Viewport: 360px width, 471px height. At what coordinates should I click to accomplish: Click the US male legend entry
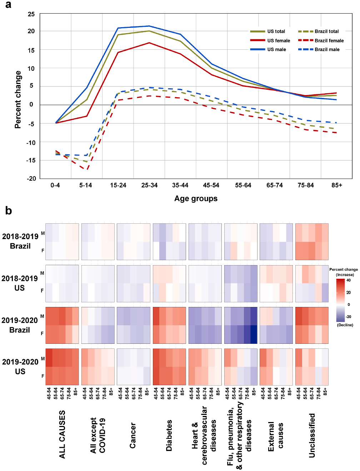click(x=276, y=50)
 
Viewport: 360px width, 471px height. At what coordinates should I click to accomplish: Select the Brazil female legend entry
click(x=329, y=41)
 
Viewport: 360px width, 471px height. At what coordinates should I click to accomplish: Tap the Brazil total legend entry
click(x=326, y=31)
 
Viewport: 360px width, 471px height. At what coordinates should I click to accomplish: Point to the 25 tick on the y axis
click(x=31, y=14)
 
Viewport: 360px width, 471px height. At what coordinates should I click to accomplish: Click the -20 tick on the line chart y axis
click(x=31, y=178)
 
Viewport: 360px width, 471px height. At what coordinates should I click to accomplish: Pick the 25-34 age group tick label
click(x=149, y=185)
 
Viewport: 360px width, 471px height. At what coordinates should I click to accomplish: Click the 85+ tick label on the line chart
click(x=337, y=185)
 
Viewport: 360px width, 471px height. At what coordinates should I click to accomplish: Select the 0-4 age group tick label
click(x=55, y=185)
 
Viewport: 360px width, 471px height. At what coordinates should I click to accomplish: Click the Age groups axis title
click(x=196, y=199)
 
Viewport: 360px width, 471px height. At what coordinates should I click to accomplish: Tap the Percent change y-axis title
click(x=18, y=99)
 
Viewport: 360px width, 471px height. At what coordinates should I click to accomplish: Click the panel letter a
click(x=8, y=5)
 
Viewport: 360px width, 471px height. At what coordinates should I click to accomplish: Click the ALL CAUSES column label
click(x=62, y=434)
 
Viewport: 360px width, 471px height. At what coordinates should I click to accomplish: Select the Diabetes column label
click(x=169, y=435)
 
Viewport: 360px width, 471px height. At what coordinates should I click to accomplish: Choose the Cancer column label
click(x=133, y=435)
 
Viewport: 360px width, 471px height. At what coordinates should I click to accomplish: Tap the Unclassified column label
click(x=312, y=435)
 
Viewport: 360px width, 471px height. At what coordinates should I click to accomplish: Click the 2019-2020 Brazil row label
click(x=20, y=325)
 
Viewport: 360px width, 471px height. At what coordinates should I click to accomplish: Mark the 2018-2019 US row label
click(x=20, y=283)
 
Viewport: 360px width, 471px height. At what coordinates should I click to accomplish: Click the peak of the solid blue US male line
click(x=149, y=26)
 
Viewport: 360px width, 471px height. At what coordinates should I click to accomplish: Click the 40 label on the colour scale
click(x=349, y=280)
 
